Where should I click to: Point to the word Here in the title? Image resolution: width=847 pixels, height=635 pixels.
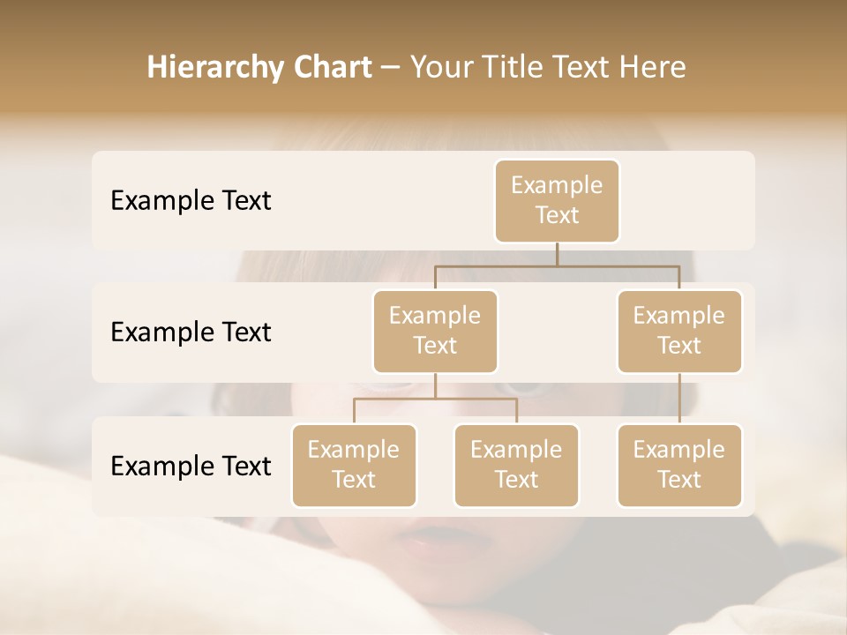coord(653,68)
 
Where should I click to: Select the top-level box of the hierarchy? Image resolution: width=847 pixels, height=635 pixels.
coord(557,200)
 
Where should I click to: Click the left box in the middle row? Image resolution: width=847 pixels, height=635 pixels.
coord(435,331)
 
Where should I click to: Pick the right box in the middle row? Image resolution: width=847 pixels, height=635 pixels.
coord(679,331)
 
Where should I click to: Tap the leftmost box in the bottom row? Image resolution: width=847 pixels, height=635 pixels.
coord(354,465)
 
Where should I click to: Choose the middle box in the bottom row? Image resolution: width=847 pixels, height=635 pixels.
coord(516,465)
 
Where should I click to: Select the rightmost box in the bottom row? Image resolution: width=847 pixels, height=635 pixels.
coord(679,465)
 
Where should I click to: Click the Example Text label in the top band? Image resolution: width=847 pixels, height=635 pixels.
coord(191,201)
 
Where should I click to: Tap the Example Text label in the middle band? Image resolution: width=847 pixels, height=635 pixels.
coord(191,332)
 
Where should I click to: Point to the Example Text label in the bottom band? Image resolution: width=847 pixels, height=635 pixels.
coord(191,467)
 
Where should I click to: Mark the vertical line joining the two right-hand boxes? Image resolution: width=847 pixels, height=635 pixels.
coord(679,399)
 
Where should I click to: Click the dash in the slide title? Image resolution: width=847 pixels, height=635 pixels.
coord(390,68)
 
